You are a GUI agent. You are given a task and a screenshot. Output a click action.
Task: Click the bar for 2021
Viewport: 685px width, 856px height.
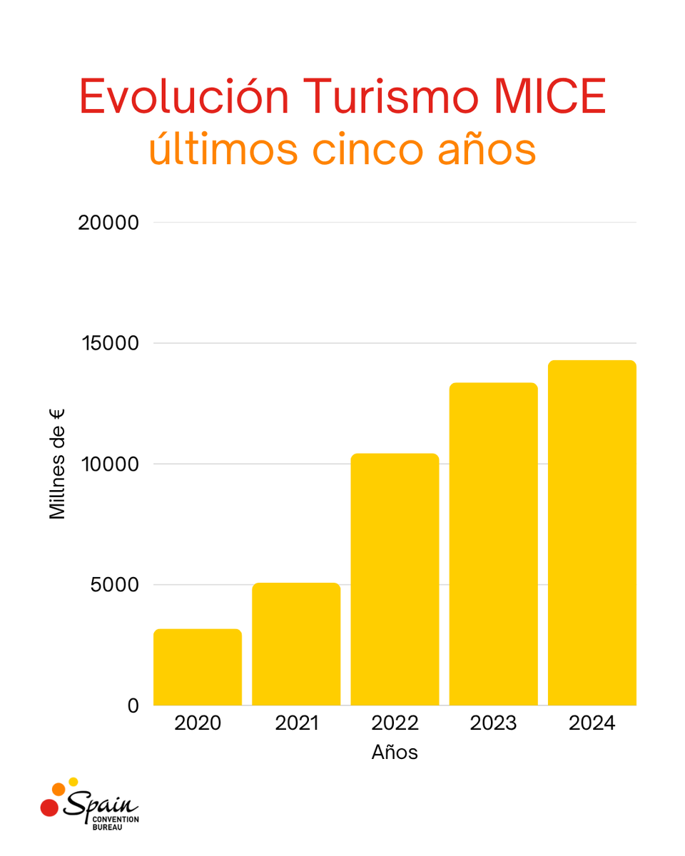tap(296, 644)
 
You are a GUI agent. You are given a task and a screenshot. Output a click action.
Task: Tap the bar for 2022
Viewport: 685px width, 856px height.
tap(395, 579)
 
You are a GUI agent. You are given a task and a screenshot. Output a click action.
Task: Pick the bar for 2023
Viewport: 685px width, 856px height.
tap(493, 544)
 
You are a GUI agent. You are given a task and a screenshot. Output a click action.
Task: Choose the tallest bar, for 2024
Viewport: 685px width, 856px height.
tap(592, 533)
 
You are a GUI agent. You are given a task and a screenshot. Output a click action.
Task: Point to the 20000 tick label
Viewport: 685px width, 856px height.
tap(107, 223)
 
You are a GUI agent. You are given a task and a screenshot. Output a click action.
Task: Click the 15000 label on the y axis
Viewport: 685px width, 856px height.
tap(107, 343)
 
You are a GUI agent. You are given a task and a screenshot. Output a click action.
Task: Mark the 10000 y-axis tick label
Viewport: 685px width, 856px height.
tap(107, 464)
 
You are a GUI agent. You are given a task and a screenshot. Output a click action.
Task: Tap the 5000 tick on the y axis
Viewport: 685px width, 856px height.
tap(112, 585)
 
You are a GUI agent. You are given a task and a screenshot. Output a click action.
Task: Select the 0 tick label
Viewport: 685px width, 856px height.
tap(133, 705)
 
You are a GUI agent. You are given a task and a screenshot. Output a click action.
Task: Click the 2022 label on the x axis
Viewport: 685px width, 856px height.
tap(395, 723)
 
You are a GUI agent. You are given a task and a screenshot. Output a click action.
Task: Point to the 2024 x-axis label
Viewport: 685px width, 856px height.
tap(592, 723)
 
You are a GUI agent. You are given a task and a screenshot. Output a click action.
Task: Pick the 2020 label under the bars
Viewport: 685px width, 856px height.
tap(198, 723)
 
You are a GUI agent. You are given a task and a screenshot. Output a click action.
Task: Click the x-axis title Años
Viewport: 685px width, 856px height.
tap(395, 753)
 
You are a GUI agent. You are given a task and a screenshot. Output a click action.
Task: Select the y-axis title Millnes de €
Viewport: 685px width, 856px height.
tap(57, 464)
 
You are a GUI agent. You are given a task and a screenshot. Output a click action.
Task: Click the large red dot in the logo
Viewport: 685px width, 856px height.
tap(49, 807)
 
